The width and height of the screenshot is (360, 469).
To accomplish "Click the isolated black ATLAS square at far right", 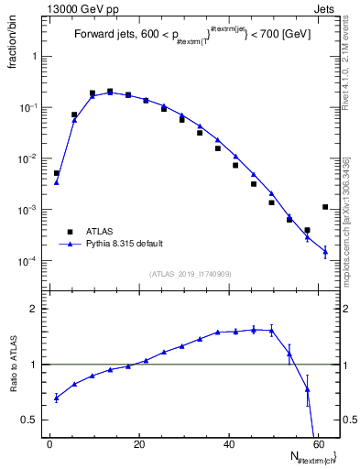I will click(325, 207).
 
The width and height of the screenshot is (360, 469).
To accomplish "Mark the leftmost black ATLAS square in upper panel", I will click(56, 173).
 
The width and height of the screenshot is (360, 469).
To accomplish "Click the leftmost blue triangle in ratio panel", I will click(56, 398).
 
